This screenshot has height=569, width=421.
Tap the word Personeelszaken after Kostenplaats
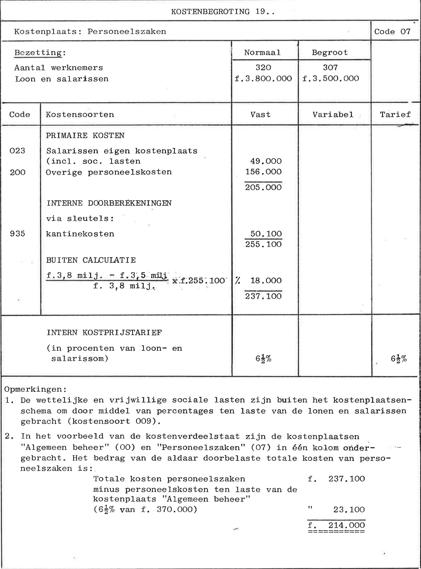click(x=127, y=32)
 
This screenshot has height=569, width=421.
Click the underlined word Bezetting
click(x=38, y=53)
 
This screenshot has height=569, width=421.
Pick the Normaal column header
click(x=262, y=53)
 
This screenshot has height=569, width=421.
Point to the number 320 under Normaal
click(x=263, y=68)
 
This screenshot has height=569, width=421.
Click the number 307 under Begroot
click(x=330, y=68)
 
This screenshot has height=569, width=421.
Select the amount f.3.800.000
click(x=263, y=79)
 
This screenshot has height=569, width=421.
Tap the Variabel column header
click(x=333, y=115)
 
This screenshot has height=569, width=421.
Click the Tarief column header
click(x=395, y=115)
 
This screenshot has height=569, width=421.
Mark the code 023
click(x=17, y=151)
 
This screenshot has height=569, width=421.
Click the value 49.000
click(x=266, y=161)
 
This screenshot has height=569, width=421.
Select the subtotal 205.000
click(x=263, y=188)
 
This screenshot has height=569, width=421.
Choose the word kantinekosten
click(x=80, y=234)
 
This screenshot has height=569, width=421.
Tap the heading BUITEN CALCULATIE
click(x=91, y=260)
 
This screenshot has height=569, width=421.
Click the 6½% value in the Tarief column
click(x=399, y=359)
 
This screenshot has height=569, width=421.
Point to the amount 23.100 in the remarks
click(x=349, y=509)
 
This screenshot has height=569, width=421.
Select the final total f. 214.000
click(x=336, y=525)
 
